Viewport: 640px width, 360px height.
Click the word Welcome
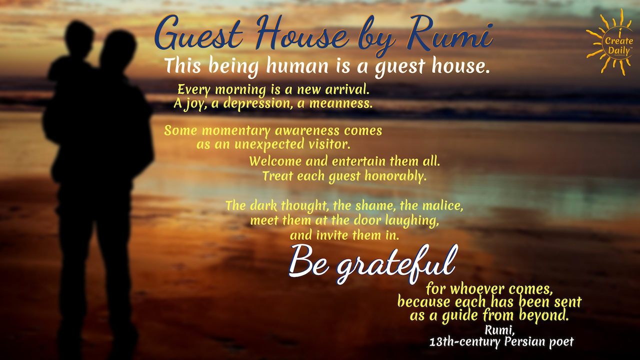(x=275, y=162)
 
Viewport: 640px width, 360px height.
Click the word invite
(x=332, y=234)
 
